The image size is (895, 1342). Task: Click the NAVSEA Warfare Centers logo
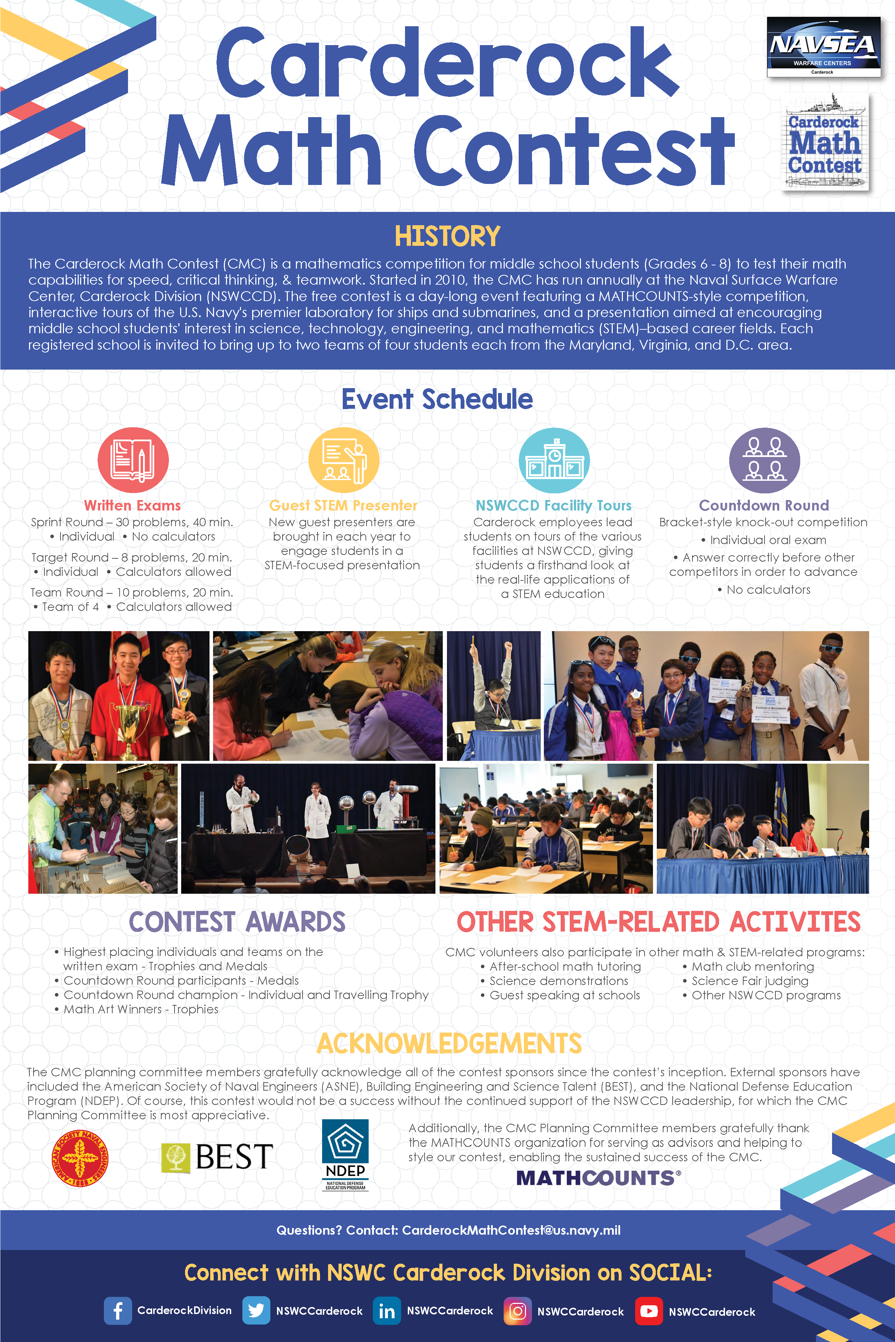tap(823, 47)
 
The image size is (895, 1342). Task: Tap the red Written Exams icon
tap(133, 460)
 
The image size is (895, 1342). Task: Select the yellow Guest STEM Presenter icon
tap(343, 460)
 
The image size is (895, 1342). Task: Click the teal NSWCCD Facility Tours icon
tap(554, 460)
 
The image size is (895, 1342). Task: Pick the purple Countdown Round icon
tap(764, 460)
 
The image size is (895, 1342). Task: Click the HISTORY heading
tap(448, 236)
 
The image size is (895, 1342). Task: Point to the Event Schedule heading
tap(437, 399)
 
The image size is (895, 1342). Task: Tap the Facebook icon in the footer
tap(118, 1311)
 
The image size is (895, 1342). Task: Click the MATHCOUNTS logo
tap(598, 1178)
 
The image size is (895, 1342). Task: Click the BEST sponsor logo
tap(217, 1157)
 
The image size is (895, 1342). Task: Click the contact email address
tap(511, 1230)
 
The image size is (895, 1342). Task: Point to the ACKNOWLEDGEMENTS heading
tap(449, 1044)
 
